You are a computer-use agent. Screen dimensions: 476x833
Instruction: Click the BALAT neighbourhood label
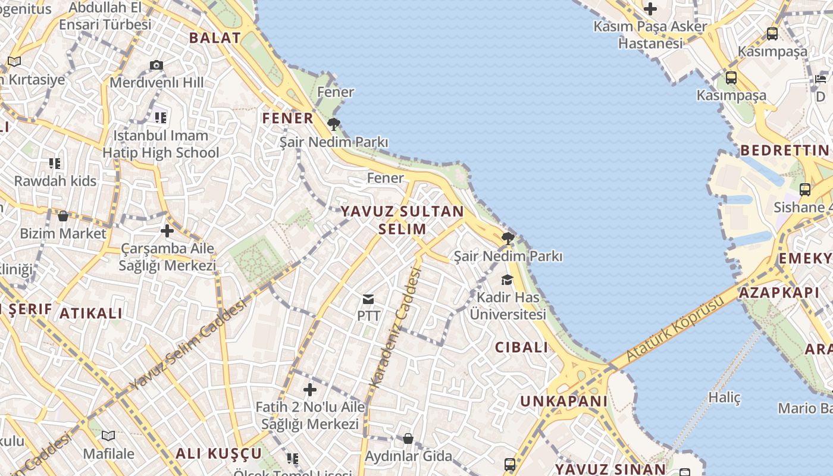click(215, 38)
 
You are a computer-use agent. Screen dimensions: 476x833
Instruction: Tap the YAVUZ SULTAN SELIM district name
click(402, 220)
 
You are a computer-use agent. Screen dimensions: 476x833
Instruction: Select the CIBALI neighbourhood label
click(521, 347)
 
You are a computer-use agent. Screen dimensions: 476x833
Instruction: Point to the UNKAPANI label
click(564, 401)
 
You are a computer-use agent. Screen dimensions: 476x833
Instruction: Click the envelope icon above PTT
click(368, 299)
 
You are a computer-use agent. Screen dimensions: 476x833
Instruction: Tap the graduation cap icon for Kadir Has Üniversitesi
click(507, 280)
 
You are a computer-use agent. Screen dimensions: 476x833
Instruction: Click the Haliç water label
click(725, 397)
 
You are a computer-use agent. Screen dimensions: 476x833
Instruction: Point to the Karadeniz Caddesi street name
click(396, 327)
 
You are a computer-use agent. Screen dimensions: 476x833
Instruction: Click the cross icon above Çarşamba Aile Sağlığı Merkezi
click(167, 231)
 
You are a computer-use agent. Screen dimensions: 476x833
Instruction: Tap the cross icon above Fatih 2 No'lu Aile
click(309, 390)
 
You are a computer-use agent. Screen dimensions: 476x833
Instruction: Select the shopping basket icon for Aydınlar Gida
click(408, 439)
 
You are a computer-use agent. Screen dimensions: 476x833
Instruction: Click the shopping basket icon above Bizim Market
click(62, 215)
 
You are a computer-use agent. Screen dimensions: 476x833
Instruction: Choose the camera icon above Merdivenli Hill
click(156, 65)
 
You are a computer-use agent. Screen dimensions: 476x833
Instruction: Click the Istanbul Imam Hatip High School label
click(161, 144)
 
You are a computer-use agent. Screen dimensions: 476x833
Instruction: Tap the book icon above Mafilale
click(108, 436)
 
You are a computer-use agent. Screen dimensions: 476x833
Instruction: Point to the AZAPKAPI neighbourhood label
click(779, 293)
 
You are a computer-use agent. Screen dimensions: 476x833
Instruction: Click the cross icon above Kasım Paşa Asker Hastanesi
click(650, 9)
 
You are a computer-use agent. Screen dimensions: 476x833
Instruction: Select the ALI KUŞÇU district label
click(218, 453)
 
